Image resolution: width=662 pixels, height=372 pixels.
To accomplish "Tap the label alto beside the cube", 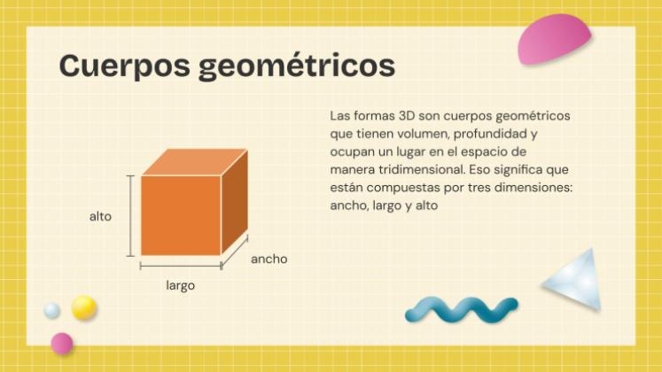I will (100, 216).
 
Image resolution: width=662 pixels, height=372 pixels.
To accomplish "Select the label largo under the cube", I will (180, 285).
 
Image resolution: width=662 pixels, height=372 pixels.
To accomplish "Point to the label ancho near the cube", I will (269, 259).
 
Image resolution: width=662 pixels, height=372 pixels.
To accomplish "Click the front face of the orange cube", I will (180, 215).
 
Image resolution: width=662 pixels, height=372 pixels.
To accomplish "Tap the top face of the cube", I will (195, 162).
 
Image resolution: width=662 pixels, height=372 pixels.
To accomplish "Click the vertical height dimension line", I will (131, 215).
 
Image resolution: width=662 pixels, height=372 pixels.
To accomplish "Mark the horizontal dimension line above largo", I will (180, 265).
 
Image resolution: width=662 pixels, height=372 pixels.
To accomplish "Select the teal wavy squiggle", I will (461, 308).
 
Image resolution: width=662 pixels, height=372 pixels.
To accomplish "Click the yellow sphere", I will (84, 307).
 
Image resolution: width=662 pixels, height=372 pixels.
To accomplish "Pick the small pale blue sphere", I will (52, 310).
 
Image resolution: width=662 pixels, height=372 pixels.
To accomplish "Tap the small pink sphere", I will (61, 343).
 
